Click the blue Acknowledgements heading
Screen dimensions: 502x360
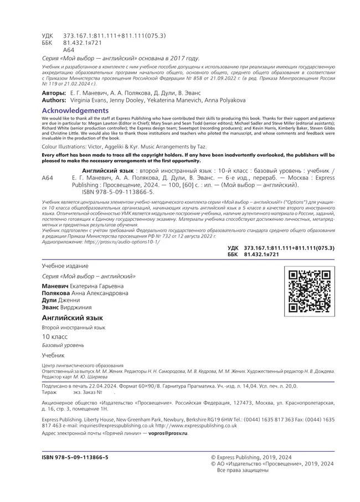pos(75,111)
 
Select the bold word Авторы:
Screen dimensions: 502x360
pos(54,93)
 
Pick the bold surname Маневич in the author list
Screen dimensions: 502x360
pos(56,285)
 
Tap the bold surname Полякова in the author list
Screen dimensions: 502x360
pos(58,293)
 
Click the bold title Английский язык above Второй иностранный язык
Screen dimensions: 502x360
pos(72,318)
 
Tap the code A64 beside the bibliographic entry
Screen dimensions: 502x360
pos(48,178)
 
